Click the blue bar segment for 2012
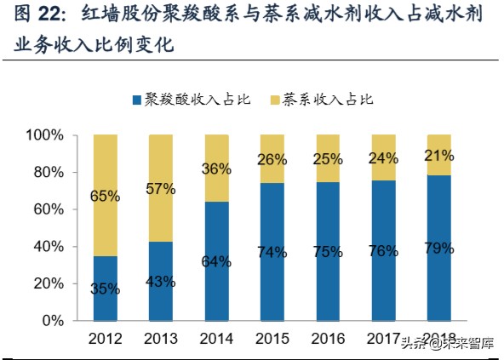pyautogui.click(x=105, y=288)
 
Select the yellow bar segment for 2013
pyautogui.click(x=160, y=187)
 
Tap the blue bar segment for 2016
pyautogui.click(x=328, y=251)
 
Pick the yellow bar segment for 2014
pyautogui.click(x=216, y=168)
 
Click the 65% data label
pyautogui.click(x=105, y=197)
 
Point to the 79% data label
pyautogui.click(x=439, y=249)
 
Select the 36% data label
pyautogui.click(x=216, y=169)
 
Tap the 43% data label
pyautogui.click(x=160, y=282)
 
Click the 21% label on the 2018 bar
pyautogui.click(x=439, y=154)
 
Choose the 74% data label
pyautogui.click(x=272, y=252)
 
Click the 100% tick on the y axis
pyautogui.click(x=44, y=135)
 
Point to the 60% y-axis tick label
pyautogui.click(x=48, y=209)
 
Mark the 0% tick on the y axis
pyautogui.click(x=54, y=321)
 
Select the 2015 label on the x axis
pyautogui.click(x=272, y=340)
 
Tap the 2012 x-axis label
pyautogui.click(x=105, y=340)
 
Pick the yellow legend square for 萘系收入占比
pyautogui.click(x=272, y=100)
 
